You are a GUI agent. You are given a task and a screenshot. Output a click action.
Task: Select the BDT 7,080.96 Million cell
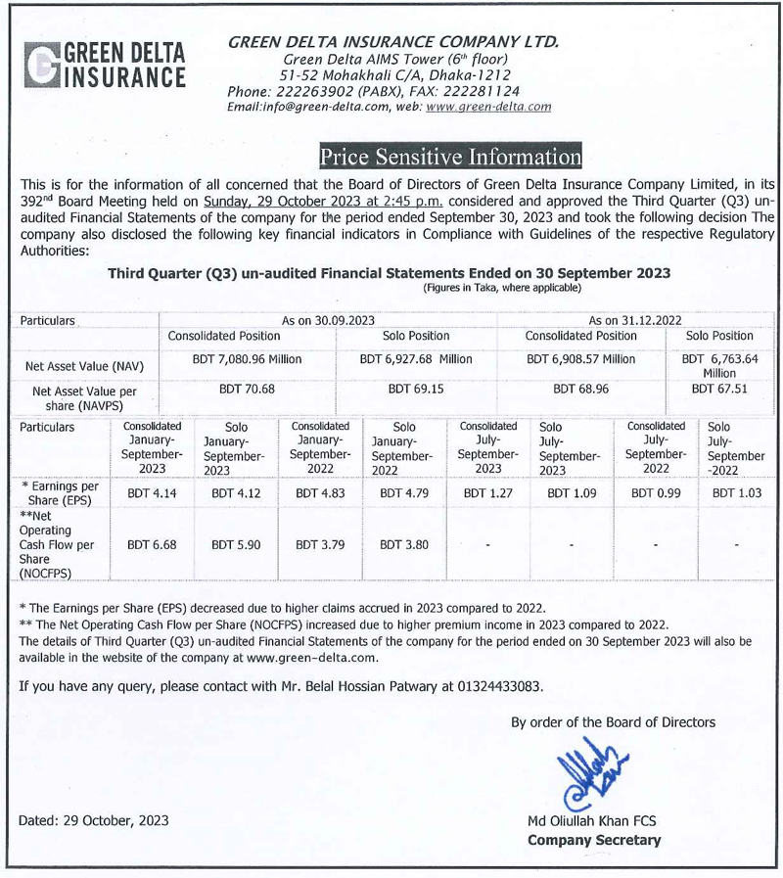point(247,359)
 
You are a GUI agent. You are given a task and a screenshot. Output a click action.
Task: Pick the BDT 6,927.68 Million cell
point(416,359)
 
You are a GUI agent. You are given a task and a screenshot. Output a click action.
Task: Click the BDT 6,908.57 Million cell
point(580,359)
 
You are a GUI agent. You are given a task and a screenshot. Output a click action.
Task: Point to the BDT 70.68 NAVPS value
point(247,388)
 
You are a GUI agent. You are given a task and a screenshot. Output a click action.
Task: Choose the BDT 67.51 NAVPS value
point(718,388)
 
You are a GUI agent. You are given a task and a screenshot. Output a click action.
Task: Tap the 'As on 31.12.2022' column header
point(637,320)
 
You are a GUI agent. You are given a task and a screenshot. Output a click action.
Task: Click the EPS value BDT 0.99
point(655,493)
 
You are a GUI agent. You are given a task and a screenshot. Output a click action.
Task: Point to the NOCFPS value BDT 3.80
point(403,544)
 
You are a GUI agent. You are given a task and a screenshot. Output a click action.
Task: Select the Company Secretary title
point(594,840)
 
